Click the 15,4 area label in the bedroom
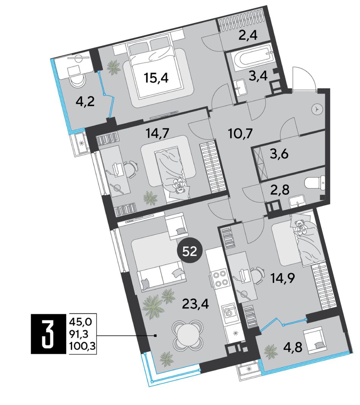point(157,78)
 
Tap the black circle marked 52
point(190,251)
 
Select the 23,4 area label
point(196,304)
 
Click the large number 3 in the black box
point(48,334)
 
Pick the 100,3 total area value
point(83,344)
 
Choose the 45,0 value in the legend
point(81,323)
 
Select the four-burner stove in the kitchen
point(219,278)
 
